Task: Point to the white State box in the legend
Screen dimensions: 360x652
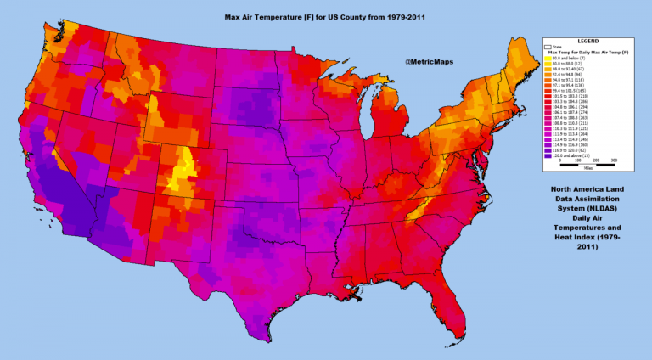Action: pyautogui.click(x=547, y=47)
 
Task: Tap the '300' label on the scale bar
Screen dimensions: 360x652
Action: pyautogui.click(x=614, y=160)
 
